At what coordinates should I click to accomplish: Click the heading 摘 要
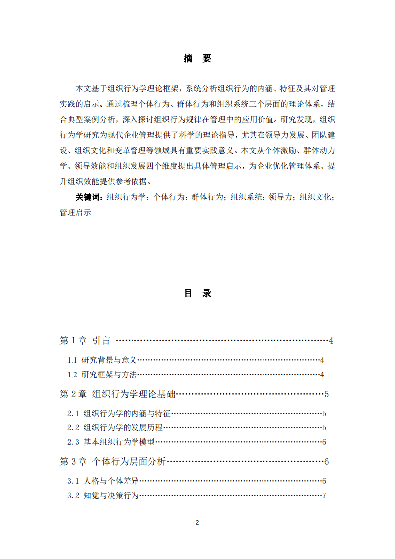point(197,59)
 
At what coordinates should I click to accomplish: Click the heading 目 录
point(197,293)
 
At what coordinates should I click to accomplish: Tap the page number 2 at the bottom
point(197,523)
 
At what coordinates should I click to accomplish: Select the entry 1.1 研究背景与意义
point(102,360)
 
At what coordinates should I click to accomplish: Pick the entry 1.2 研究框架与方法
point(102,375)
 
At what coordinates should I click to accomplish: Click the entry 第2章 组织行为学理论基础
point(118,394)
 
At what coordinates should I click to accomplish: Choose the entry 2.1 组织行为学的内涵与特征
point(119,414)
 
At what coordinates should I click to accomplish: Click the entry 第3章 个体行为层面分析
point(113,461)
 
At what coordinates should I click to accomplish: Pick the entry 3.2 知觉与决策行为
point(103,495)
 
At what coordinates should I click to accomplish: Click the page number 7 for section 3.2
point(324,495)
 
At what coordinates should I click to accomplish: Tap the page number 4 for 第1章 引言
point(331,341)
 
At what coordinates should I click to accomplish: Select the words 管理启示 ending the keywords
point(75,212)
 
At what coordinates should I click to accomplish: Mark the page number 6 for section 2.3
point(324,442)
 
